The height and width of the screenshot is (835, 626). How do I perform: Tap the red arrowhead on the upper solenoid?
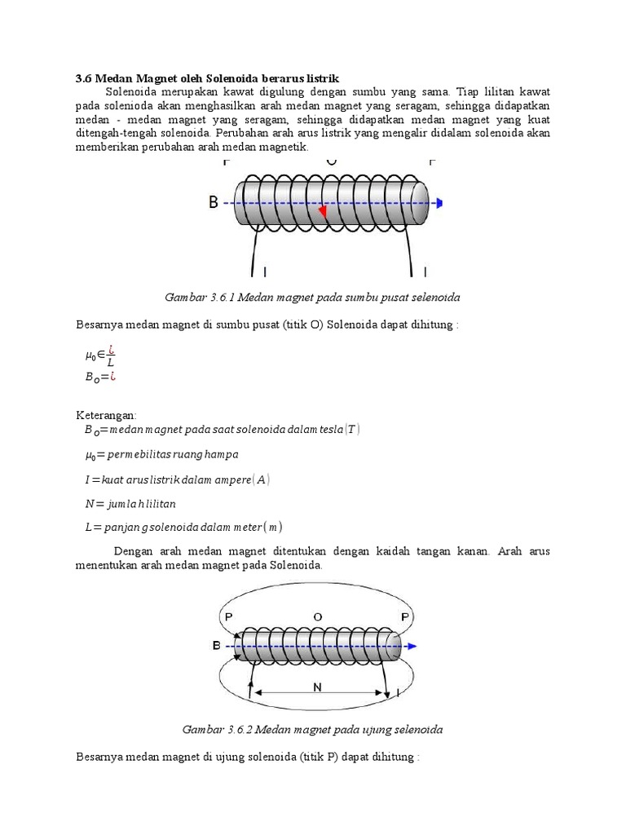pyautogui.click(x=323, y=211)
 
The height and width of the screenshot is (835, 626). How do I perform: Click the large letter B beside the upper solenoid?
pyautogui.click(x=214, y=203)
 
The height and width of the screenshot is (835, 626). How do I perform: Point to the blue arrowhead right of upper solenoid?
pyautogui.click(x=439, y=203)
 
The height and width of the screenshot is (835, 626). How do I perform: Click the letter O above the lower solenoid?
pyautogui.click(x=317, y=616)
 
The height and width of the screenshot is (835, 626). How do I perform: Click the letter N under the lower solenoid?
pyautogui.click(x=318, y=687)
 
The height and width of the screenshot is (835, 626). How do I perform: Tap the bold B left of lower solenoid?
pyautogui.click(x=216, y=646)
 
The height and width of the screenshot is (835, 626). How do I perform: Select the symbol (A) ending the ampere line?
pyautogui.click(x=262, y=479)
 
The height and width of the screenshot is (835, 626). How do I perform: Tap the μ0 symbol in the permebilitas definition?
pyautogui.click(x=90, y=453)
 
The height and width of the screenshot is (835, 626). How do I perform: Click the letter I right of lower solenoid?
pyautogui.click(x=397, y=693)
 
